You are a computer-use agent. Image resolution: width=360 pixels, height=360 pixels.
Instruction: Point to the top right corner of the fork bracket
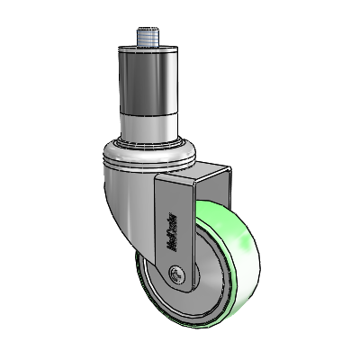(226, 166)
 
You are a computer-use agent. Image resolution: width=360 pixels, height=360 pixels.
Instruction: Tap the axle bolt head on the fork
(176, 274)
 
